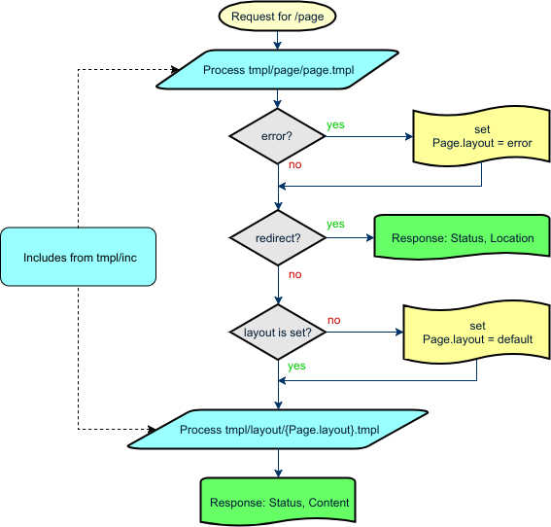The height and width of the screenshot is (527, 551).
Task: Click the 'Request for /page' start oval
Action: click(279, 17)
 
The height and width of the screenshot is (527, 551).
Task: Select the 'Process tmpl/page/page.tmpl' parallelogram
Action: click(278, 70)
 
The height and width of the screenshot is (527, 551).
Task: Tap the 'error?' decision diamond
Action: click(278, 137)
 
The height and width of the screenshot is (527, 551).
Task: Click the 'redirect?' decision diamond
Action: click(278, 237)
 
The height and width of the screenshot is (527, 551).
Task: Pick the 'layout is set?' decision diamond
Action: click(278, 333)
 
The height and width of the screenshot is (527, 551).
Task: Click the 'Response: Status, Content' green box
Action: click(279, 504)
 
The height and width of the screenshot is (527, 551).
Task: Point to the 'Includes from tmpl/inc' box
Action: click(79, 257)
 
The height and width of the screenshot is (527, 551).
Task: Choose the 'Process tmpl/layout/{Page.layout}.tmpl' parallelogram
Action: click(279, 429)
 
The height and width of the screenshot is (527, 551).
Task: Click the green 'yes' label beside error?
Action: click(336, 125)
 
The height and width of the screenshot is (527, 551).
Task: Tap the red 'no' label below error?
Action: click(294, 165)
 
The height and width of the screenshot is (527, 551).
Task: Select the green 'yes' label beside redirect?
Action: click(335, 225)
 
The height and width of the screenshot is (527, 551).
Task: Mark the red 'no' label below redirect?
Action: click(294, 275)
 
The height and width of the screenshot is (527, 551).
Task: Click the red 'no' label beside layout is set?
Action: click(333, 320)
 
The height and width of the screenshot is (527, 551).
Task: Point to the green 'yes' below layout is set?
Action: click(296, 367)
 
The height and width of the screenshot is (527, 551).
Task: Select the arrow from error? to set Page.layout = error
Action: click(369, 137)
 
